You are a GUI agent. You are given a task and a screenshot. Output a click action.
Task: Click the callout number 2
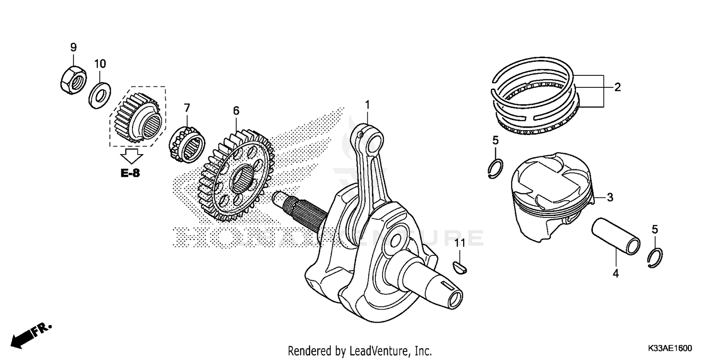click(x=617, y=87)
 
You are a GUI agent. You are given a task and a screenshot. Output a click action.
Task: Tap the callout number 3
click(x=610, y=197)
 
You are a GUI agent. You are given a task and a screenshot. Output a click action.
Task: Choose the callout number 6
click(x=236, y=110)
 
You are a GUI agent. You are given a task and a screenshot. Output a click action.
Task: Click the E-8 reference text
click(x=130, y=173)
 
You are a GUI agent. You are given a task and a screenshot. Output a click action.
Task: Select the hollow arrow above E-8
click(x=131, y=156)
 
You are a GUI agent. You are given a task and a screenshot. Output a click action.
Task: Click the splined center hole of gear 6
click(x=242, y=179)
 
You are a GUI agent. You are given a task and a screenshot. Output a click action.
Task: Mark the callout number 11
click(x=460, y=243)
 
